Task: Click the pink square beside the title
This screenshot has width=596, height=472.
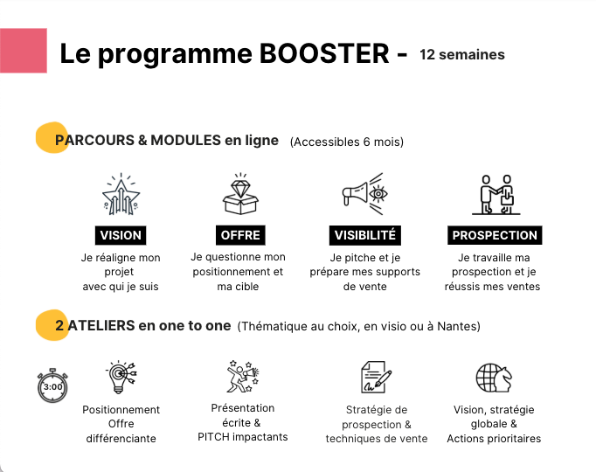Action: (x=24, y=51)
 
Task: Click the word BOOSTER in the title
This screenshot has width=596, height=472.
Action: (x=324, y=53)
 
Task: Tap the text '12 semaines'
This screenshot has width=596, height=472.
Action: (x=462, y=55)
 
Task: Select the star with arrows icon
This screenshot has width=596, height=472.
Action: (x=121, y=194)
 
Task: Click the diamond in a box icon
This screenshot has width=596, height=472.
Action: (x=240, y=194)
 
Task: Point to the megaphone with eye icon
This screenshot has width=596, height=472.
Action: (x=365, y=194)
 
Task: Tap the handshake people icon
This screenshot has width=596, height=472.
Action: (x=496, y=195)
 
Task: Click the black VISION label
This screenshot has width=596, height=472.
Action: (x=121, y=235)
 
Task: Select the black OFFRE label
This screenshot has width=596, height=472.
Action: (x=240, y=235)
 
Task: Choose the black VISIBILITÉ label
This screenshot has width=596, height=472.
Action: (x=365, y=235)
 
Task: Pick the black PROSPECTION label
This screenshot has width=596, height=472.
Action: (x=495, y=235)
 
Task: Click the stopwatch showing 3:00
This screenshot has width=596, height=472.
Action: (x=52, y=385)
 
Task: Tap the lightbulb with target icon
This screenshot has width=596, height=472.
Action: (x=121, y=377)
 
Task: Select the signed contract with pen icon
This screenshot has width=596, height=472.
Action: (x=376, y=377)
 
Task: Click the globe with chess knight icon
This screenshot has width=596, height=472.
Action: (x=494, y=378)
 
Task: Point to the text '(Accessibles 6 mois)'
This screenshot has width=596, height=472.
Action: (x=347, y=142)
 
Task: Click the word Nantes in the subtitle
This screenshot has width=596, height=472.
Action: (x=457, y=326)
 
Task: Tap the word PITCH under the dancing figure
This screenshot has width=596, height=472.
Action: (x=213, y=437)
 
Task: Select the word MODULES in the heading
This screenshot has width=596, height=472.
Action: (x=186, y=140)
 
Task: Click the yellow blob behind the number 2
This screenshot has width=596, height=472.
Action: (x=52, y=325)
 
